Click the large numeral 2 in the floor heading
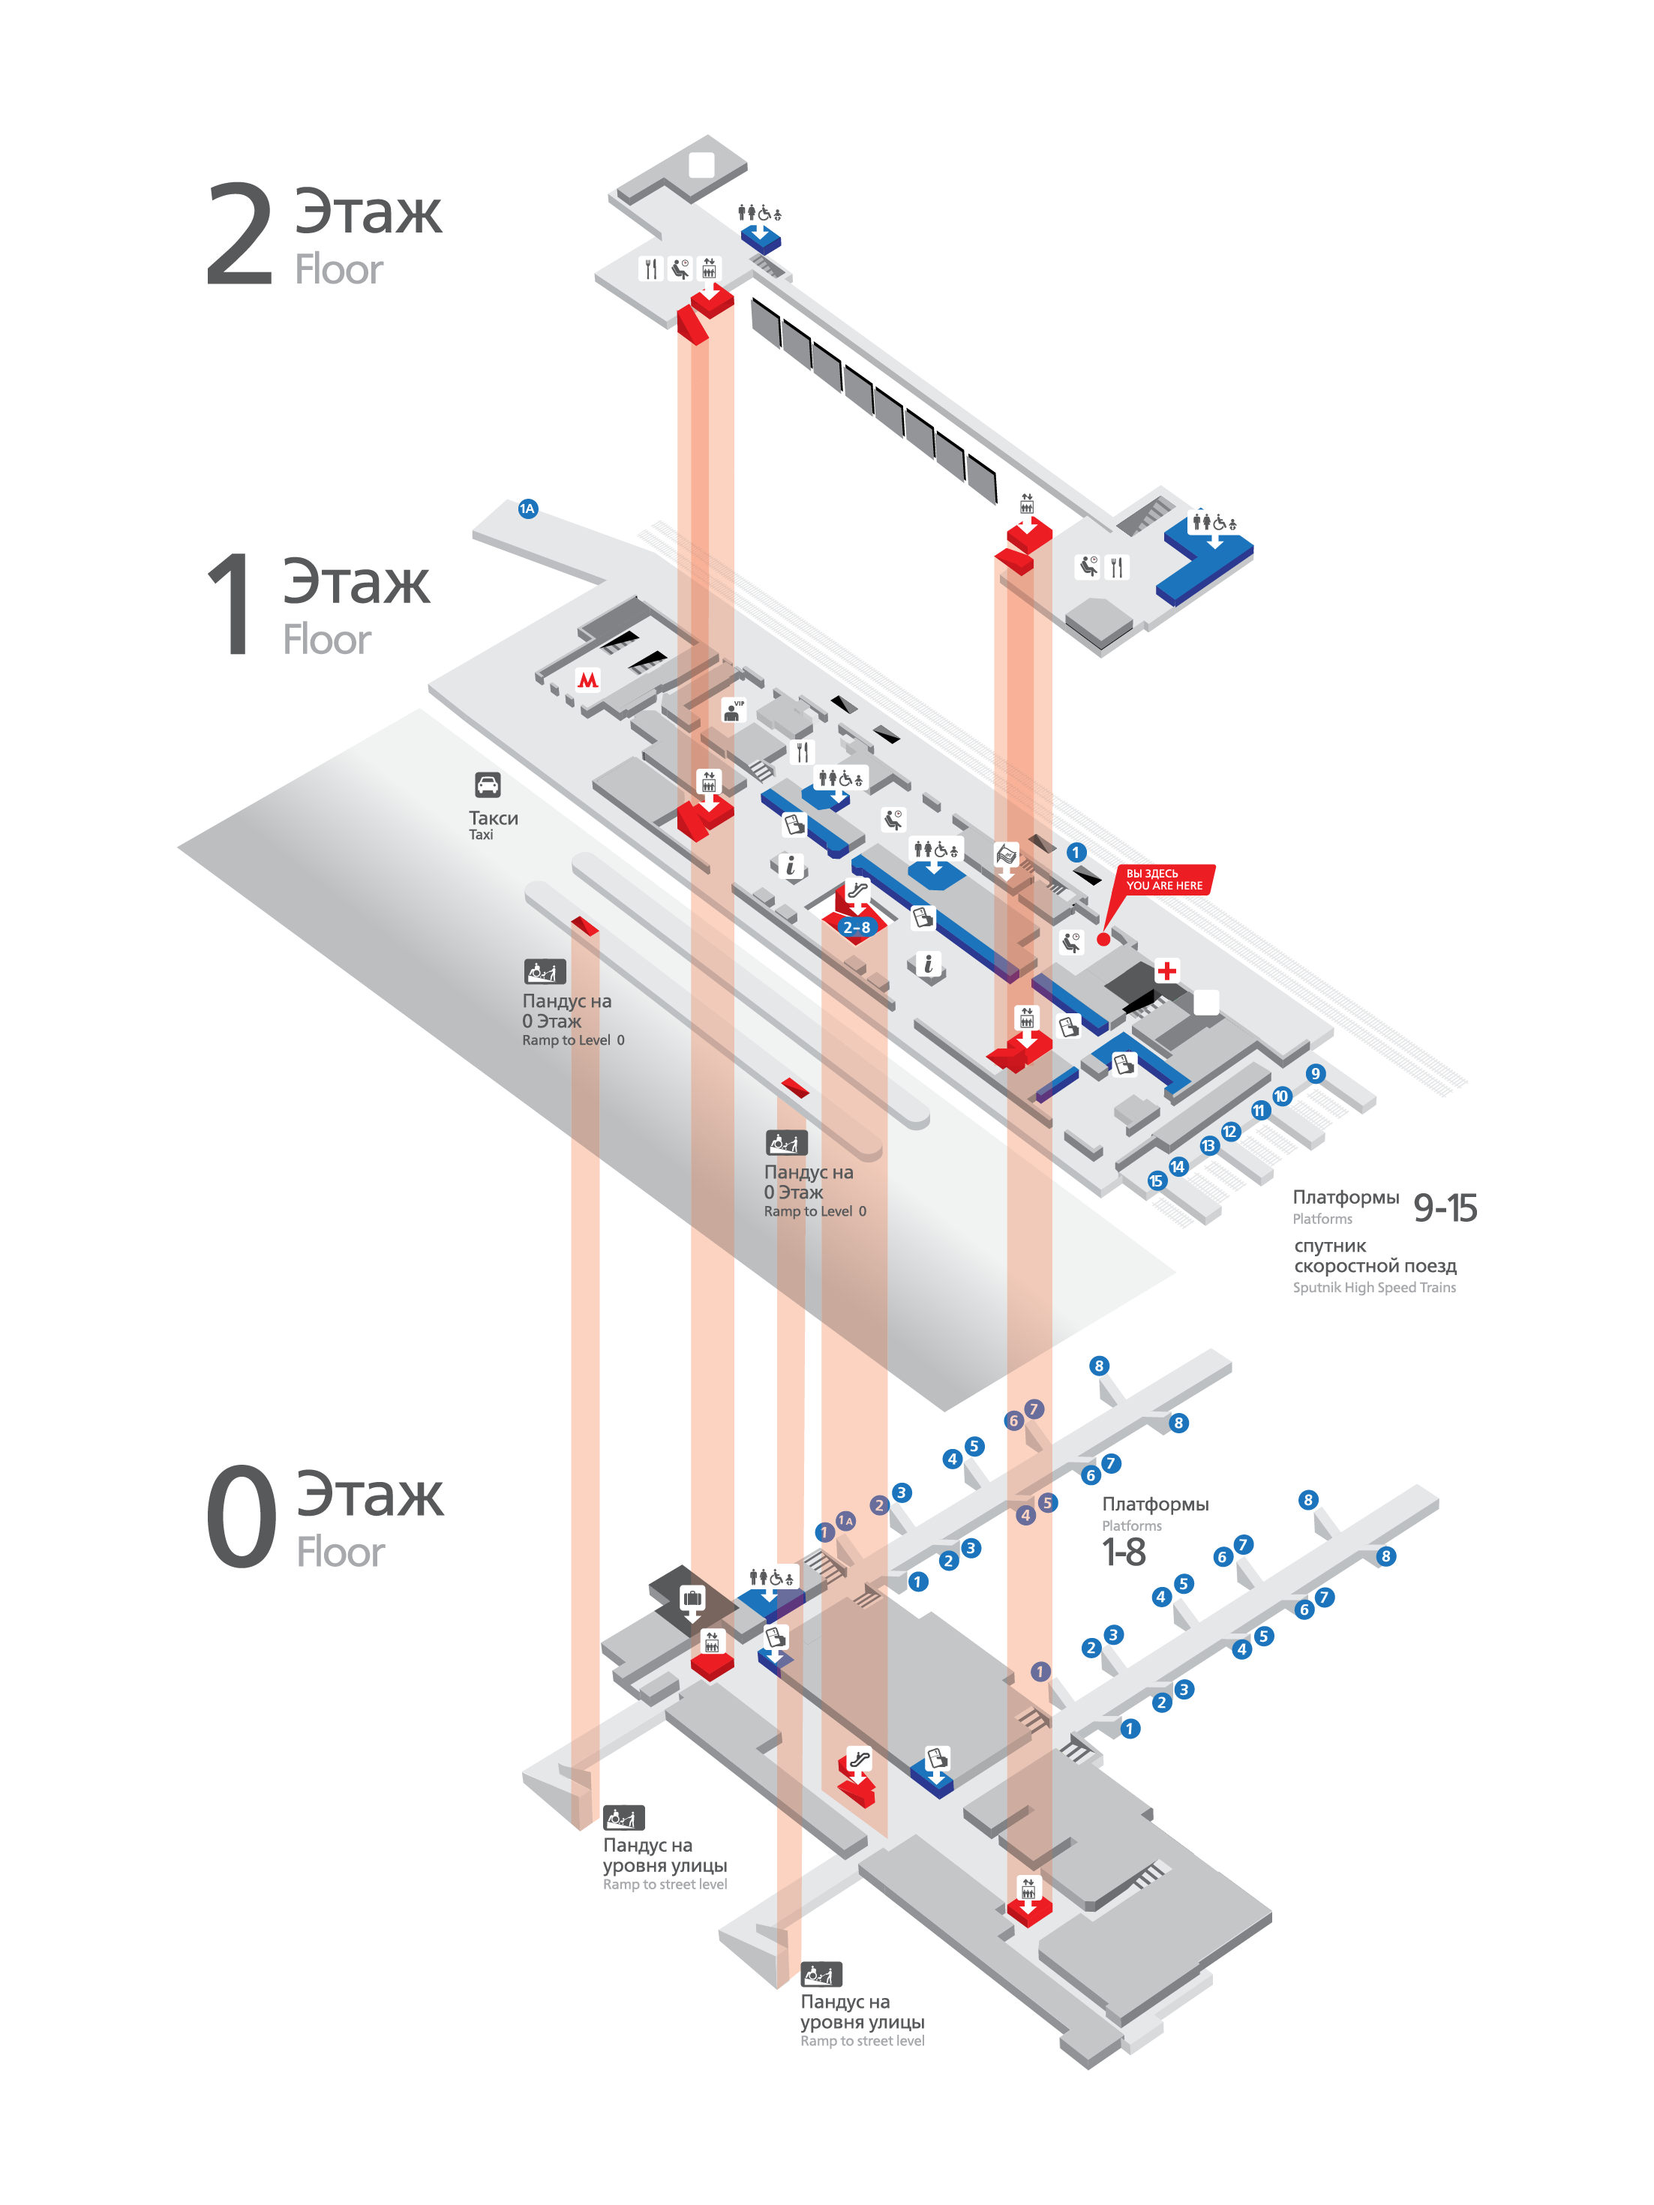click(239, 235)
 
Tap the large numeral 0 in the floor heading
click(242, 1516)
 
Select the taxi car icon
click(488, 784)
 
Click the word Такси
click(494, 818)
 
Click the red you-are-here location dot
click(1103, 938)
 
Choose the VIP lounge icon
click(733, 709)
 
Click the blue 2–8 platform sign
click(857, 928)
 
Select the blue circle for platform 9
click(1316, 1073)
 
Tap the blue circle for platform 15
click(1155, 1181)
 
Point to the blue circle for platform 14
click(1178, 1166)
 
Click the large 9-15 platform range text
click(1445, 1207)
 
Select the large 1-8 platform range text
click(1124, 1552)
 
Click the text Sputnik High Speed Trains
click(1374, 1287)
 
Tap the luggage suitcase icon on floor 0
click(692, 1599)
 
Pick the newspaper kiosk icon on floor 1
click(1006, 854)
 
